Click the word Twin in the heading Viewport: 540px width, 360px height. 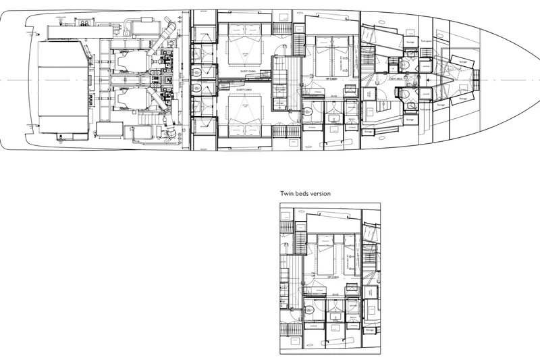pos(288,192)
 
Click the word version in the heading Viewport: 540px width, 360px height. pos(320,192)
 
